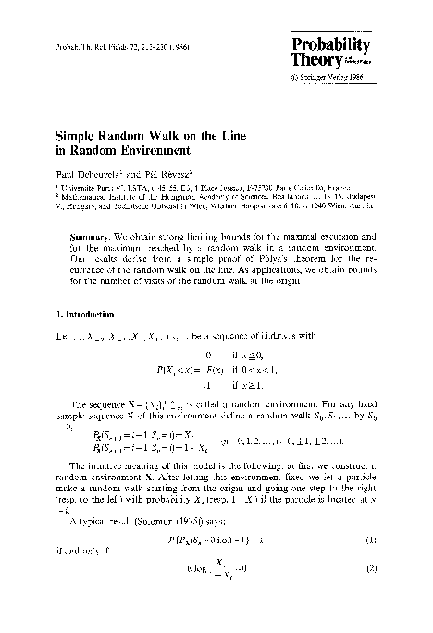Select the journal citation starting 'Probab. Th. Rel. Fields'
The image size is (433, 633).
(x=93, y=46)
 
